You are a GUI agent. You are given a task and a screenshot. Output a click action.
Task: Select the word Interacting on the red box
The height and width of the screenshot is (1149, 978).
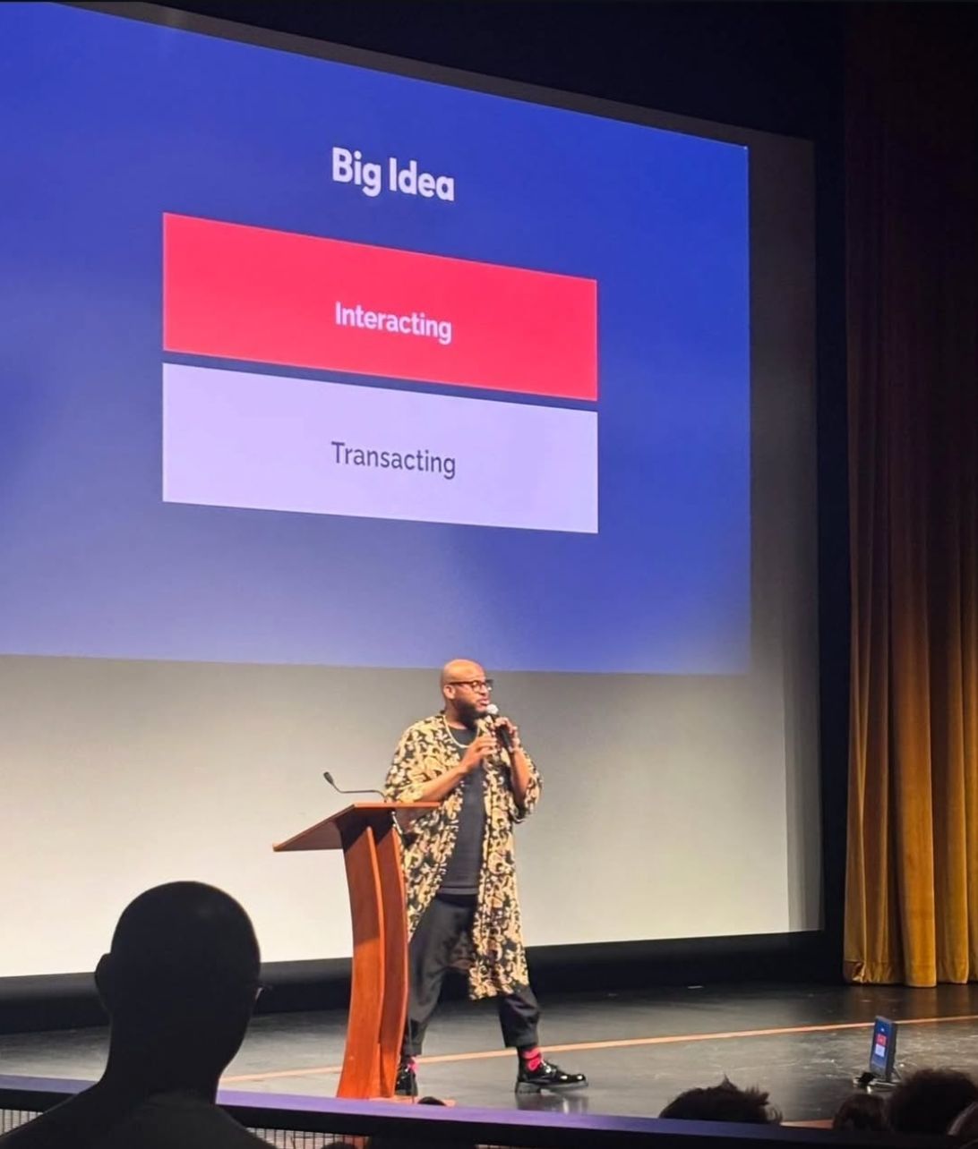[x=393, y=322]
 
